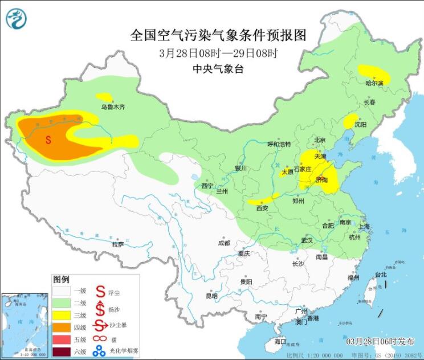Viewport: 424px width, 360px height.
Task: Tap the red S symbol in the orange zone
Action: [48, 139]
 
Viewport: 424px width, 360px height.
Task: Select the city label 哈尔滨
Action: [374, 83]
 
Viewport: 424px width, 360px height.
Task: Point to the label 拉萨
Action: [118, 244]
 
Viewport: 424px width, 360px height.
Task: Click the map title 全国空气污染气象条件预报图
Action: [219, 35]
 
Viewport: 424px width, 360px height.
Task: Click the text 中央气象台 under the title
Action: [219, 69]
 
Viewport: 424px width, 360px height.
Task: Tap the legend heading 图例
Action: [61, 280]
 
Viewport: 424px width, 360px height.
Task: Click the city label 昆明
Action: [211, 296]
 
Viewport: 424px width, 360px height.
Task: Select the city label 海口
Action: [280, 341]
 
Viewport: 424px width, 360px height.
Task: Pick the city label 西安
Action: [262, 208]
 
